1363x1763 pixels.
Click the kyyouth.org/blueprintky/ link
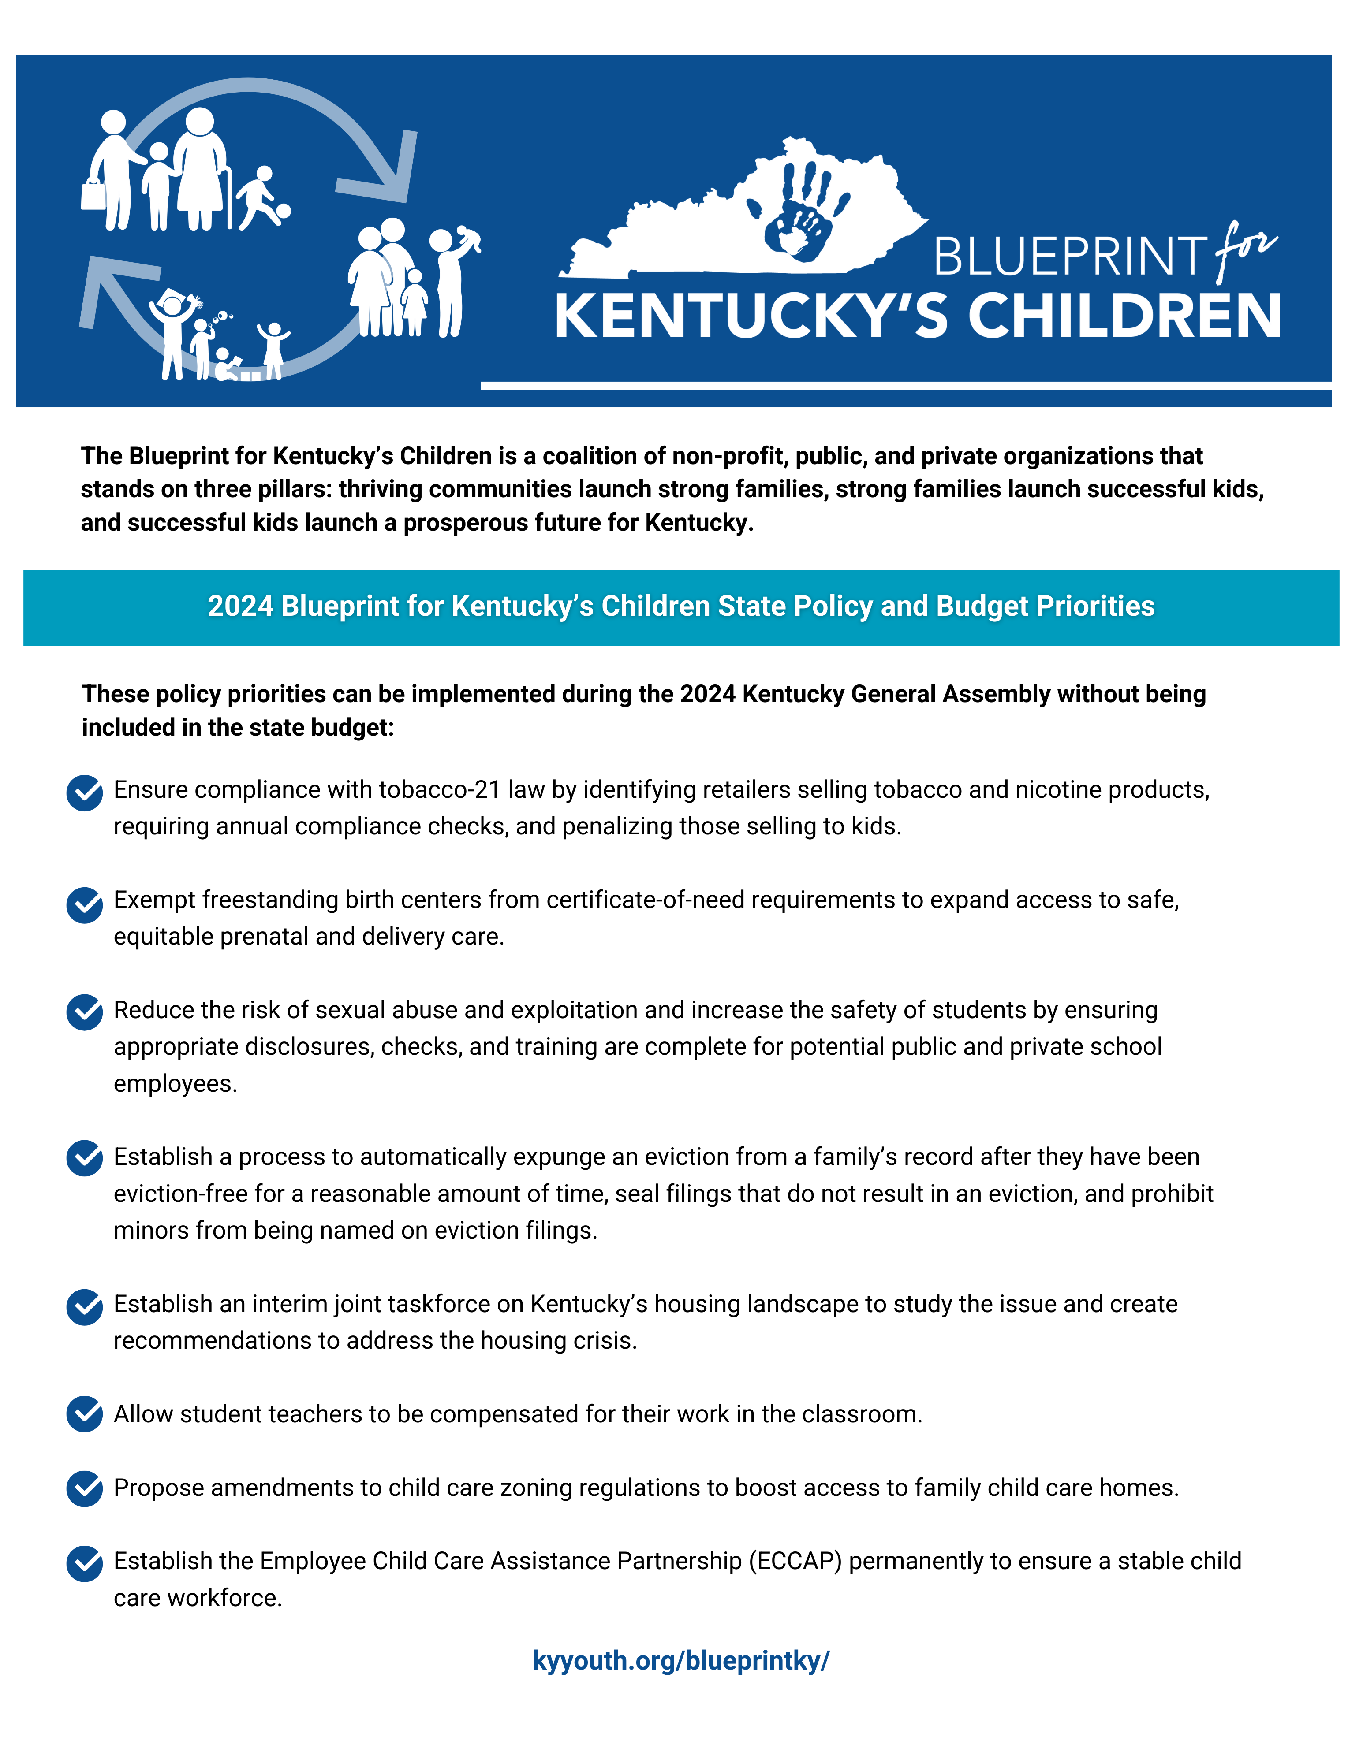pyautogui.click(x=681, y=1660)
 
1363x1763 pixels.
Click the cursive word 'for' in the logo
pyautogui.click(x=1245, y=250)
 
